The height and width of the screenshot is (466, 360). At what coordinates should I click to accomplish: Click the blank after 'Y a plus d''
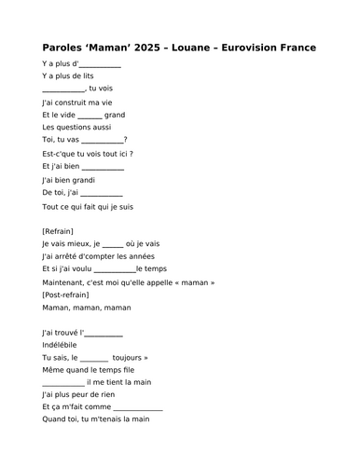[101, 66]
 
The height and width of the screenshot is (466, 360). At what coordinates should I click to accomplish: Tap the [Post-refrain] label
[70, 295]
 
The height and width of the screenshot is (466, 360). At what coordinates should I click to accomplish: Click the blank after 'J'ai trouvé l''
[104, 333]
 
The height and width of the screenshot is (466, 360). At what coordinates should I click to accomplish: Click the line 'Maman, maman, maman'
[87, 307]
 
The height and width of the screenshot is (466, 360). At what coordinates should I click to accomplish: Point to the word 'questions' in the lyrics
[76, 127]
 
